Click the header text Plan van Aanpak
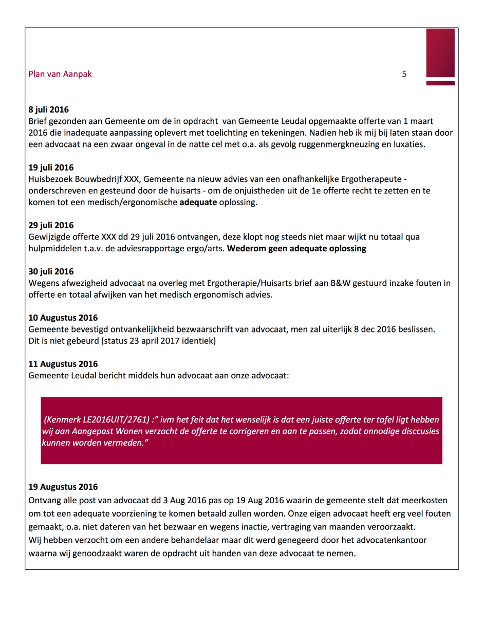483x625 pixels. pyautogui.click(x=60, y=74)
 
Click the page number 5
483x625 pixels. pyautogui.click(x=404, y=74)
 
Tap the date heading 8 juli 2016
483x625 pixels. pyautogui.click(x=48, y=109)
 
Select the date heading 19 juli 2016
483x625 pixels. pyautogui.click(x=51, y=168)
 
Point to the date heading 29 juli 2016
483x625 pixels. pyautogui.click(x=51, y=225)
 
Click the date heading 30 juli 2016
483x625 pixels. pyautogui.click(x=51, y=271)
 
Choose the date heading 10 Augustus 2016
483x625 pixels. pyautogui.click(x=63, y=318)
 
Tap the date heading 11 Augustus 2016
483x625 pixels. pyautogui.click(x=63, y=364)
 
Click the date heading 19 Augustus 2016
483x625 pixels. pyautogui.click(x=63, y=487)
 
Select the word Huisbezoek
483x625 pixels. pyautogui.click(x=50, y=179)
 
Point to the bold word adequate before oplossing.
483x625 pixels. pyautogui.click(x=198, y=203)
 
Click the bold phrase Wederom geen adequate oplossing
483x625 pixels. pyautogui.click(x=296, y=249)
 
